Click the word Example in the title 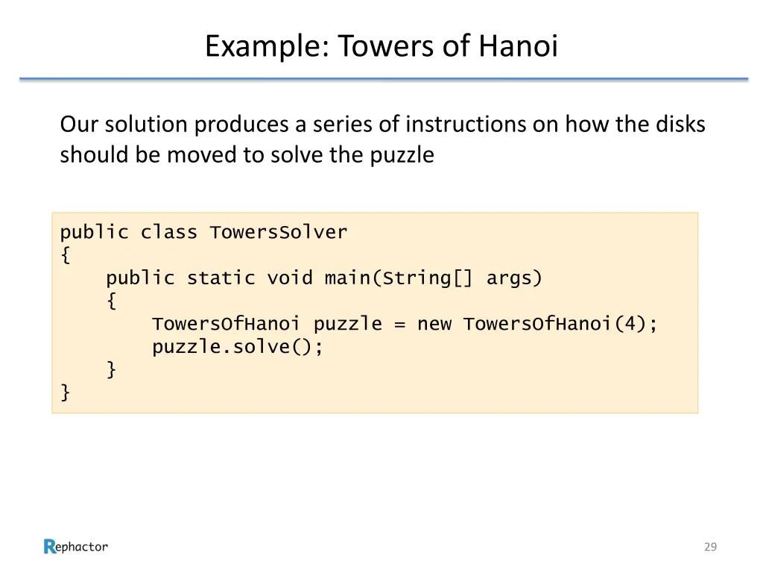[264, 46]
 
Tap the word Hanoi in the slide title [518, 46]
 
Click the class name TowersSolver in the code [279, 232]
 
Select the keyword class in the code [169, 232]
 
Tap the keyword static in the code [221, 278]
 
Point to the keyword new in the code [434, 325]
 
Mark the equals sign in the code [399, 325]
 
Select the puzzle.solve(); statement [238, 347]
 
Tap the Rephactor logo [76, 547]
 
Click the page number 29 [710, 547]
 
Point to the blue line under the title [383, 78]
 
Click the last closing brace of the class [66, 393]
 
